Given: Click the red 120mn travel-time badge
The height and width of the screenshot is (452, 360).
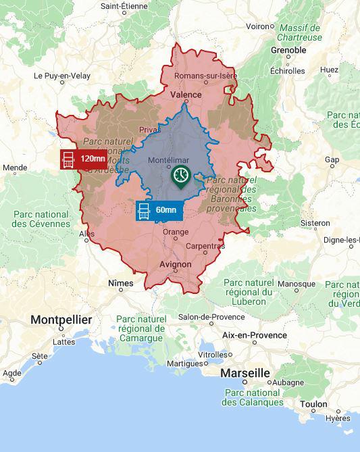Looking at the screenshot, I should pos(83,159).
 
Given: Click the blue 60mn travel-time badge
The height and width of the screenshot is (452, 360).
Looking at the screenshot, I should pos(159,210).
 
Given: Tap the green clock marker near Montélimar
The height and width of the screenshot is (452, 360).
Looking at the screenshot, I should pos(180,176).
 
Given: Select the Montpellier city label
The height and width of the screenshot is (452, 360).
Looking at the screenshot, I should pos(61,320).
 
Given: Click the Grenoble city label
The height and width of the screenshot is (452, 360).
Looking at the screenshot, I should pos(288,50).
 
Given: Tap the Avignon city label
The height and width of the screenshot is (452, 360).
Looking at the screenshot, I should pos(175,265).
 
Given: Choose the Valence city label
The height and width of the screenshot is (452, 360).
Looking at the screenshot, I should pos(186,95).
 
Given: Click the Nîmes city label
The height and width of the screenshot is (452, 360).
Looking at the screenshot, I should pos(121,284).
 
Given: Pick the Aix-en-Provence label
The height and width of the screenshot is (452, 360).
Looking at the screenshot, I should pos(254,335).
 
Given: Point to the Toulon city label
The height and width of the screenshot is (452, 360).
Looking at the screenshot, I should pos(314,405).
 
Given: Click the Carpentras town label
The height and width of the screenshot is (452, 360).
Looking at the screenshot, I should pos(205,247).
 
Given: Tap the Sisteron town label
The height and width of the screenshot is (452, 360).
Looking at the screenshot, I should pos(315,223).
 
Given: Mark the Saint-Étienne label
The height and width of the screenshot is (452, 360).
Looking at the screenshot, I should pos(124,5).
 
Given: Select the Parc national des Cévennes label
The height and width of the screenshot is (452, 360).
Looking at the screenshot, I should pos(41,219).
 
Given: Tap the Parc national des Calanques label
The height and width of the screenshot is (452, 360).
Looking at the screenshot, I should pos(253,397).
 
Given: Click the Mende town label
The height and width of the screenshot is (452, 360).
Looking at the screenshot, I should pos(15,168).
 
